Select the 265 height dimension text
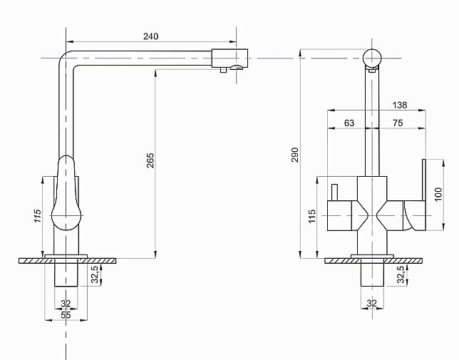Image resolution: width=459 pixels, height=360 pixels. [150, 163]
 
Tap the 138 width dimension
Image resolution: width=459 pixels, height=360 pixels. [400, 105]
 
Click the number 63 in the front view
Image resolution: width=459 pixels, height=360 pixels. [349, 123]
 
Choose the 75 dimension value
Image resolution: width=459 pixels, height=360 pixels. [397, 123]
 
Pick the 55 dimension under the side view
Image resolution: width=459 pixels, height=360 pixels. [66, 314]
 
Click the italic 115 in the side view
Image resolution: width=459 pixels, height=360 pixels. [38, 217]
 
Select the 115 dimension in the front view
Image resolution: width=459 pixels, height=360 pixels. [311, 216]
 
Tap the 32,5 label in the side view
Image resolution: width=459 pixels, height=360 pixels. [93, 275]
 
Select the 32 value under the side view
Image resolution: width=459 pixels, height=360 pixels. [66, 304]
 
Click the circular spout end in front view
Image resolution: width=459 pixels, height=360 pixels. [373, 58]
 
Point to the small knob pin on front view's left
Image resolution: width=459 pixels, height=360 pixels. [331, 192]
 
